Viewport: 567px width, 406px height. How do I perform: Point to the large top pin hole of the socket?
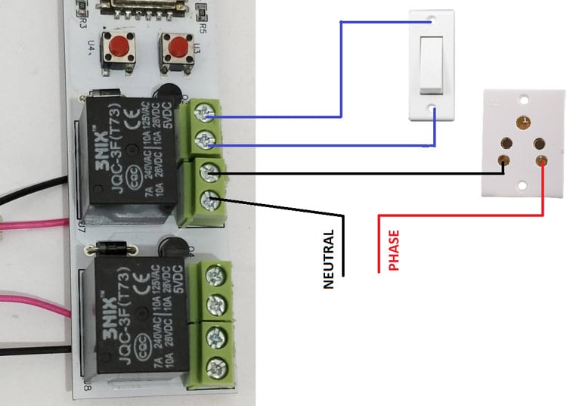pyautogui.click(x=522, y=120)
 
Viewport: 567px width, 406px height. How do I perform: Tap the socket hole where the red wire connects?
pyautogui.click(x=541, y=160)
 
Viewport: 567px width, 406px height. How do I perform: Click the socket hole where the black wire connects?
pyautogui.click(x=503, y=160)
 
